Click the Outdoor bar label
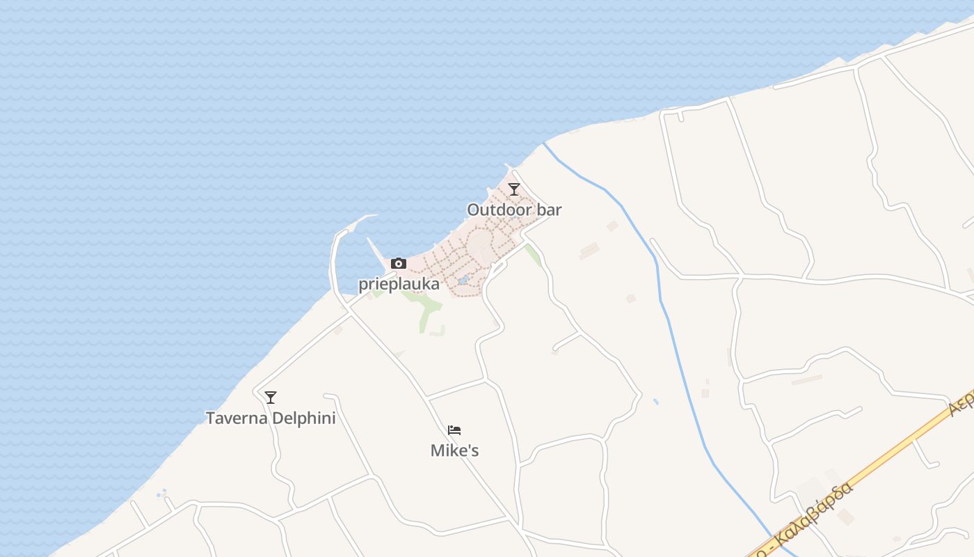(x=514, y=210)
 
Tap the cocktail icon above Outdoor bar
(x=514, y=189)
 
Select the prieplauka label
(x=399, y=284)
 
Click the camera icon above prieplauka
(x=399, y=263)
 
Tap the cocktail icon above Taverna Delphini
(x=271, y=397)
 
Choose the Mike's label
(x=455, y=450)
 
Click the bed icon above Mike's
(x=454, y=430)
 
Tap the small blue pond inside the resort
(x=463, y=281)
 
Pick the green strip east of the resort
(x=533, y=255)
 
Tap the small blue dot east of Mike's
(x=656, y=402)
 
